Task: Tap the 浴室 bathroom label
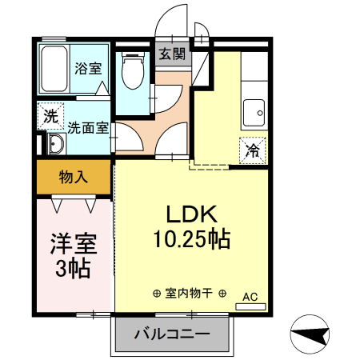click(87, 68)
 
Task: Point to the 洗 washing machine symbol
click(50, 114)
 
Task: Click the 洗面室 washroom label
click(88, 126)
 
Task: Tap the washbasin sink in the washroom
click(56, 145)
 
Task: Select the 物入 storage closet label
click(73, 177)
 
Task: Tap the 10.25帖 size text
click(192, 238)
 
